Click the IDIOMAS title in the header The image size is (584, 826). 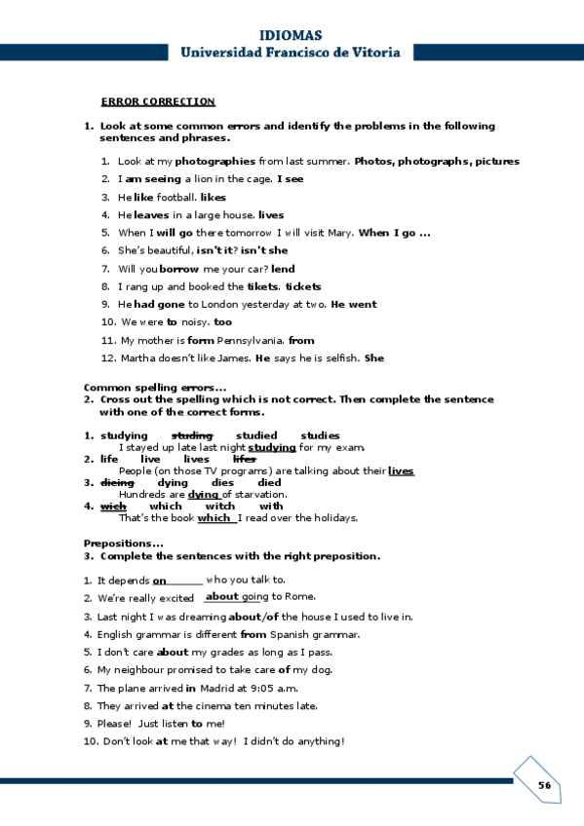(x=291, y=35)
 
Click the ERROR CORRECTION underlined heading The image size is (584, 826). (x=158, y=101)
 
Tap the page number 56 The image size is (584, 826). (x=544, y=786)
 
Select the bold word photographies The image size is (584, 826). (x=215, y=162)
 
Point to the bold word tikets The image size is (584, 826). (x=262, y=286)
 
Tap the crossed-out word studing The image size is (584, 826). (x=192, y=435)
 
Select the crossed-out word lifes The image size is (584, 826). (x=244, y=459)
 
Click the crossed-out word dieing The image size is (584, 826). (x=117, y=482)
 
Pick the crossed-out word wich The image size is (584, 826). (x=113, y=506)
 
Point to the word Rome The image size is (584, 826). (x=300, y=597)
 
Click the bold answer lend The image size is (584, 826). (x=283, y=269)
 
